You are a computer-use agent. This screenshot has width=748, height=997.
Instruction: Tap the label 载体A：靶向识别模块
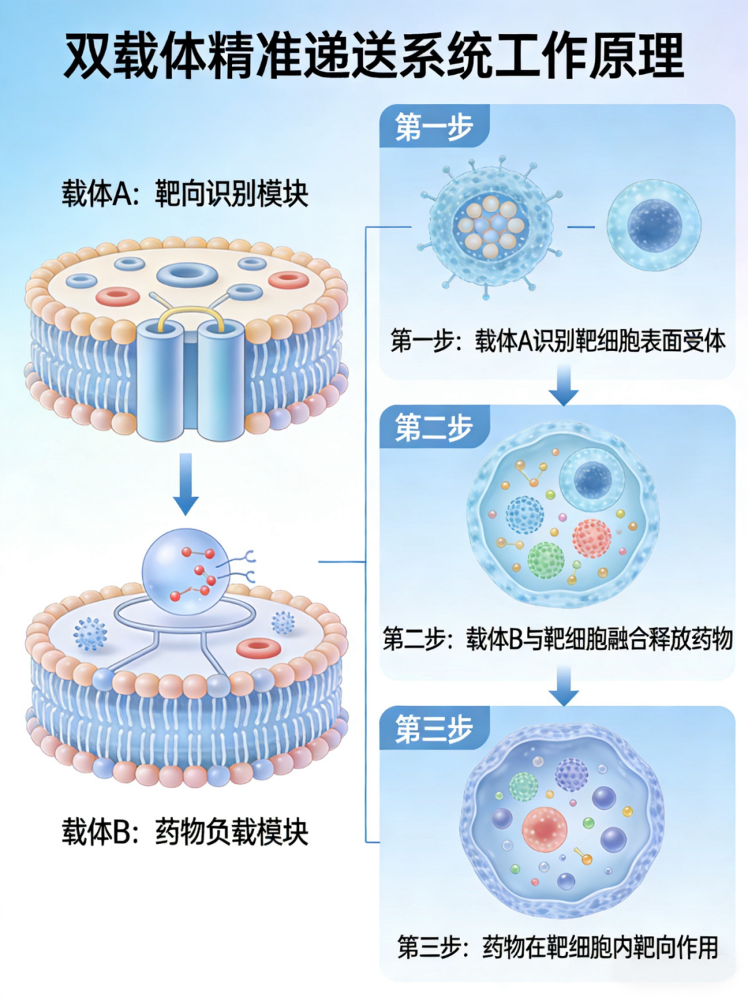pyautogui.click(x=185, y=194)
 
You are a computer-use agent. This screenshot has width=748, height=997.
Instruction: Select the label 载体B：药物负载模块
pyautogui.click(x=185, y=832)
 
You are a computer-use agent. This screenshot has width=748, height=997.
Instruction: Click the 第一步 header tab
pyautogui.click(x=434, y=127)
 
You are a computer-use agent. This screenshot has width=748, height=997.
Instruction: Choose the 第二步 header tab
pyautogui.click(x=434, y=427)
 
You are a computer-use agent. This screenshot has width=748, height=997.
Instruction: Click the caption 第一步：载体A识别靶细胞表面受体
pyautogui.click(x=558, y=341)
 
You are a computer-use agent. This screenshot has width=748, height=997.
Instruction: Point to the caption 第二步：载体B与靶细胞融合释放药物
pyautogui.click(x=558, y=639)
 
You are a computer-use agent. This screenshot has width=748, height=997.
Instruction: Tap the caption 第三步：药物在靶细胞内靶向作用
pyautogui.click(x=558, y=946)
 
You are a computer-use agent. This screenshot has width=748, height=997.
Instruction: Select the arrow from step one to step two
pyautogui.click(x=564, y=385)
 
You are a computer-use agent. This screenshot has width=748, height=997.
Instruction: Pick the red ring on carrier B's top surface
pyautogui.click(x=258, y=648)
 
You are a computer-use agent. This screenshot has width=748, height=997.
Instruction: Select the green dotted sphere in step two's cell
pyautogui.click(x=546, y=560)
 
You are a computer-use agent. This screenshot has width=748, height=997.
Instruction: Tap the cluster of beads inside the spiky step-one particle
pyautogui.click(x=491, y=226)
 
